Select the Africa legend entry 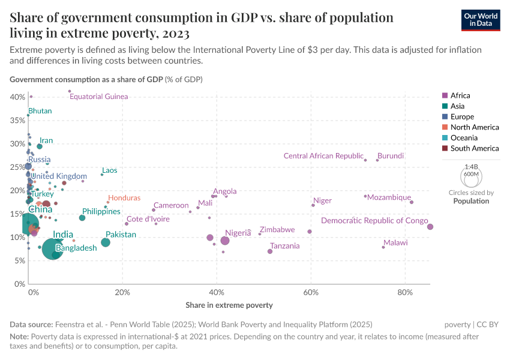(x=460, y=95)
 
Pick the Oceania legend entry (x=464, y=137)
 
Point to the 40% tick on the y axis (x=17, y=97)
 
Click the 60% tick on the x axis (x=311, y=292)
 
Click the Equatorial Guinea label (x=99, y=97)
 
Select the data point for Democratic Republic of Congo (x=430, y=226)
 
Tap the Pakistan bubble (x=106, y=242)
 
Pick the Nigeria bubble (x=225, y=241)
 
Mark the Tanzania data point (x=270, y=251)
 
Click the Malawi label (x=395, y=243)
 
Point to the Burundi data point (x=377, y=160)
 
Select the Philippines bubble (x=82, y=218)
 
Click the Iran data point (x=40, y=146)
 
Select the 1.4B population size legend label (x=471, y=167)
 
